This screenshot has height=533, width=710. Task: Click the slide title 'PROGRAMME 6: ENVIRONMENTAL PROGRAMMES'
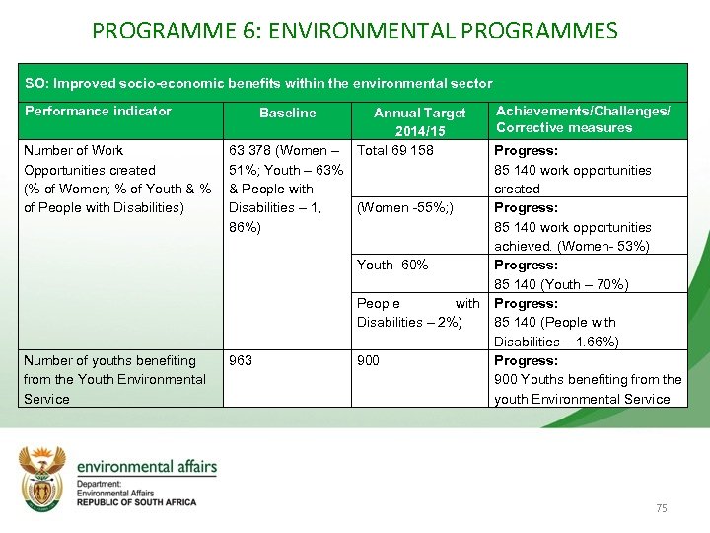355,30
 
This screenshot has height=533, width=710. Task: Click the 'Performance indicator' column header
98,111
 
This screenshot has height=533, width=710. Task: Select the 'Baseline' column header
287,113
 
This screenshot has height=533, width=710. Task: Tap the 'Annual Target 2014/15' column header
420,121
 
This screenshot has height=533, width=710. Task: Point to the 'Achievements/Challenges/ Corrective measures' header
583,119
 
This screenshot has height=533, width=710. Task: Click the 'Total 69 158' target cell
394,150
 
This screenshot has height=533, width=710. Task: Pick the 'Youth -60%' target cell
392,265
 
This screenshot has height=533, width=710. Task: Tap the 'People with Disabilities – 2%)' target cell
418,312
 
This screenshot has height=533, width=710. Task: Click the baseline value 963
241,360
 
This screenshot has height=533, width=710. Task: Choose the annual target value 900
368,360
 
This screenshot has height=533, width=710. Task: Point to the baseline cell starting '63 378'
286,189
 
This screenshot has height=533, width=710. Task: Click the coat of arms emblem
42,477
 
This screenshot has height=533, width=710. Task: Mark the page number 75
661,507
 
